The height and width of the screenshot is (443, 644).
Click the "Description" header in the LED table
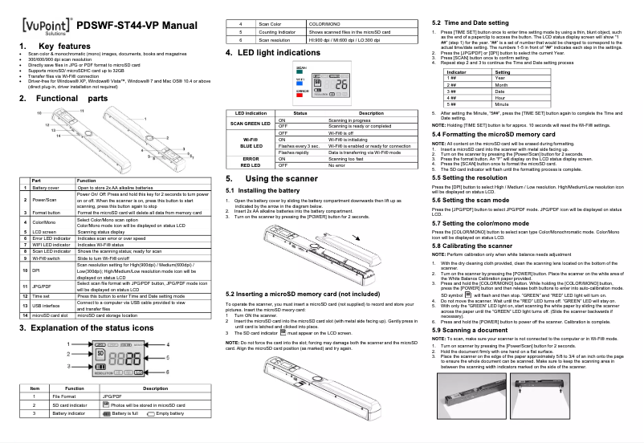[x=370, y=114]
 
